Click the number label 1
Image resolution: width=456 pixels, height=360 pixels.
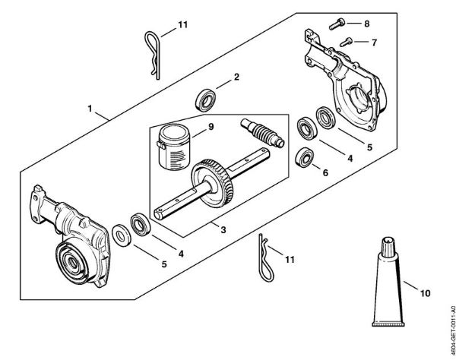point(90,109)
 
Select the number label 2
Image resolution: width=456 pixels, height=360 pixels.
point(236,77)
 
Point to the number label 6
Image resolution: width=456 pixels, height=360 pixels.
point(326,172)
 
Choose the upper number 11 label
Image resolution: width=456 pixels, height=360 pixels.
point(182,25)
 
